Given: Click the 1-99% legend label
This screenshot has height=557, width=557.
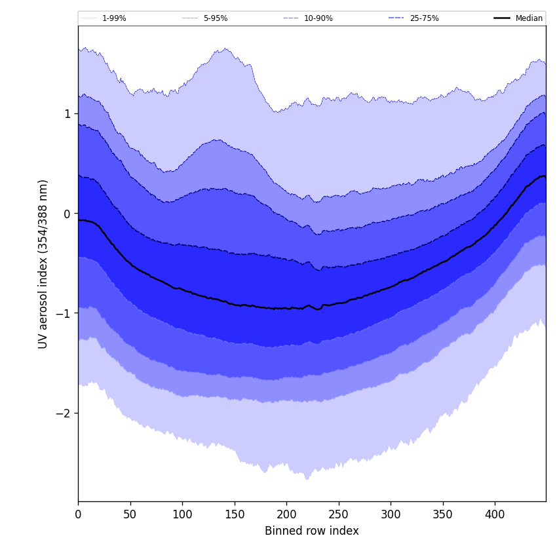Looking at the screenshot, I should pos(114,18).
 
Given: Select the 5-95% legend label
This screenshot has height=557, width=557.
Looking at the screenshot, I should pos(216,18).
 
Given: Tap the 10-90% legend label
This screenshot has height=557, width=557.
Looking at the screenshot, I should pos(318,18).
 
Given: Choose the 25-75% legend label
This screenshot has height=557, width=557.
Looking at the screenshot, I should pos(424,18).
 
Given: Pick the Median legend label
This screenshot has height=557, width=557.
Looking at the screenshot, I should pos(529,18).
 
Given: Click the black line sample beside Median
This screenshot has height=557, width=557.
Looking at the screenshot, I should pos(502,18).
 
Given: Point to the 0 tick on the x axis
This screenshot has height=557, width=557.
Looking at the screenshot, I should pos(78,514).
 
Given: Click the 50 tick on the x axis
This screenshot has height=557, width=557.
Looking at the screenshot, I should pos(130,514).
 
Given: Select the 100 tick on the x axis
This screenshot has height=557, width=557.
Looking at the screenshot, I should pos(182,514).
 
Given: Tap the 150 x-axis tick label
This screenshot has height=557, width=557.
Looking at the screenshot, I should pos(235,514).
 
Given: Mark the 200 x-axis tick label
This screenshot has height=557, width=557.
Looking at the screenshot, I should pos(286,514).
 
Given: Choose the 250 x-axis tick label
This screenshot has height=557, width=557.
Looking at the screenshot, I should pos(339,514).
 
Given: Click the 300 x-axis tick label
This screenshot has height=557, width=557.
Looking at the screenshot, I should pos(391,514).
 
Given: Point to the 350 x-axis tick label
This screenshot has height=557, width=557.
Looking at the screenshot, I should pos(443,514).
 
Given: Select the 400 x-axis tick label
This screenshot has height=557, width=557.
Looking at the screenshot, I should pos(495,514).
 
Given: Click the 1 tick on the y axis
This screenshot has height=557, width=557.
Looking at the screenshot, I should pos(67,113).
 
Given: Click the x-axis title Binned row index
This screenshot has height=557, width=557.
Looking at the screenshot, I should pos(312,531).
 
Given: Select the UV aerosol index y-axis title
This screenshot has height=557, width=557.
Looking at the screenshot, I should pos(43,263).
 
